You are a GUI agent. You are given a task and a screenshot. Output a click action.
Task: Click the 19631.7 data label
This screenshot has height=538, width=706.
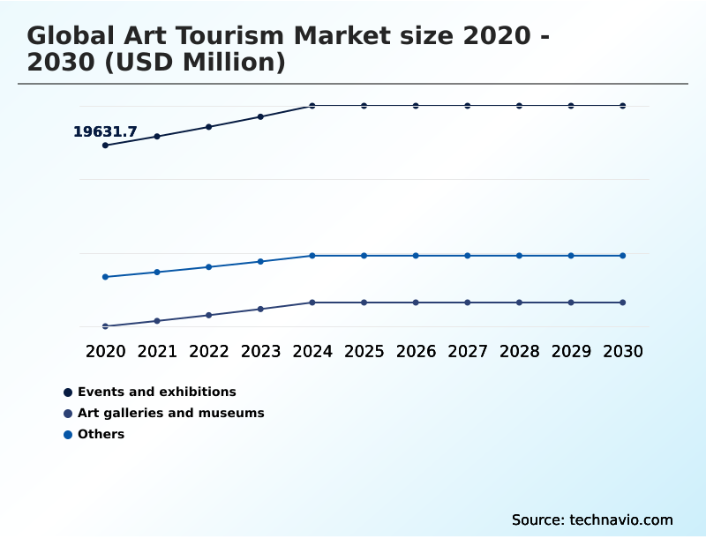click(x=105, y=132)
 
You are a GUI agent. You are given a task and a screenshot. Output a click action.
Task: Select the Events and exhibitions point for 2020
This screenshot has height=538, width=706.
click(x=105, y=146)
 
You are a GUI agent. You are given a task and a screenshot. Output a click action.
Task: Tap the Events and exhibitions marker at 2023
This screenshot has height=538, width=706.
click(x=260, y=116)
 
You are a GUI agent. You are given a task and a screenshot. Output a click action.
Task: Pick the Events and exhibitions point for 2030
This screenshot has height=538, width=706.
click(x=622, y=106)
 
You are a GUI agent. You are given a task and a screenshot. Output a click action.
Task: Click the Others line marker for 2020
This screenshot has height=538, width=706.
click(x=105, y=277)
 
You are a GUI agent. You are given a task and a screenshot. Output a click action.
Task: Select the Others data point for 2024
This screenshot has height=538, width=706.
click(x=312, y=256)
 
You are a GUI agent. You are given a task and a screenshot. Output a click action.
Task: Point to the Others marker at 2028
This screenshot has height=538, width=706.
click(x=519, y=256)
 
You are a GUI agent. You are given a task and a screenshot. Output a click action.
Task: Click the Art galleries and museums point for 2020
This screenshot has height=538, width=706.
click(x=105, y=326)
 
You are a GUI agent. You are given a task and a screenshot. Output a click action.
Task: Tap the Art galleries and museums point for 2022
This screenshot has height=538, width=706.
click(x=209, y=315)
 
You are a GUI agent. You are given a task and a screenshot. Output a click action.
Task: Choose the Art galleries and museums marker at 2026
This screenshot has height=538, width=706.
click(x=416, y=303)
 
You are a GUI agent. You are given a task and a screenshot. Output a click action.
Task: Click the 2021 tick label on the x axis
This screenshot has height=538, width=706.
click(x=157, y=351)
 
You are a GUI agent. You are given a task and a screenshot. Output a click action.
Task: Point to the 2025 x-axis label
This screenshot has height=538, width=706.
click(x=364, y=351)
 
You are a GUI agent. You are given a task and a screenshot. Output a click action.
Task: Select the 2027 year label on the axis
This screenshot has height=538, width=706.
click(x=468, y=351)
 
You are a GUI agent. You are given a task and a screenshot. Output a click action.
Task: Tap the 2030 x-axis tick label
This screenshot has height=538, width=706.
click(x=622, y=351)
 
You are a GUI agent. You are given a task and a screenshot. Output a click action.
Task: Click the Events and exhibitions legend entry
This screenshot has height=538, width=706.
click(x=156, y=392)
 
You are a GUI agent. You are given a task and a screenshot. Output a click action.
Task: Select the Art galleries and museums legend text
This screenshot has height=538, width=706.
click(x=170, y=413)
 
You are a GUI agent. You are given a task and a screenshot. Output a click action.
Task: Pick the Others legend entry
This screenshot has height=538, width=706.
click(x=101, y=434)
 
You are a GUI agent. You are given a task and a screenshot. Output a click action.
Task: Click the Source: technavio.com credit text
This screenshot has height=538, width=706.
click(x=592, y=519)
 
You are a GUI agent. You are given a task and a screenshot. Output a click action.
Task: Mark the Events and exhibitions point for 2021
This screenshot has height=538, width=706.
click(x=157, y=137)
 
